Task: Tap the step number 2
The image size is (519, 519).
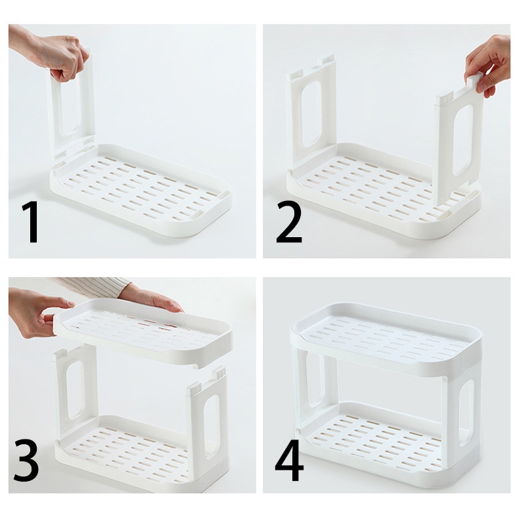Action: tap(288, 223)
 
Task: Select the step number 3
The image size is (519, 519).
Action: tap(26, 461)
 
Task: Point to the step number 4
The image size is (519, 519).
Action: tap(289, 461)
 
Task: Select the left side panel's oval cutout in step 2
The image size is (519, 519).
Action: tap(311, 114)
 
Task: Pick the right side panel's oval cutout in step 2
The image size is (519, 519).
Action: tap(463, 140)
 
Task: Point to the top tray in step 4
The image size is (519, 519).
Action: tap(386, 339)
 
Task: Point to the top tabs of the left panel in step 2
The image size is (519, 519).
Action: tap(311, 68)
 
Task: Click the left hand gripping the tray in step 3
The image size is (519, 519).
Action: tap(36, 313)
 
